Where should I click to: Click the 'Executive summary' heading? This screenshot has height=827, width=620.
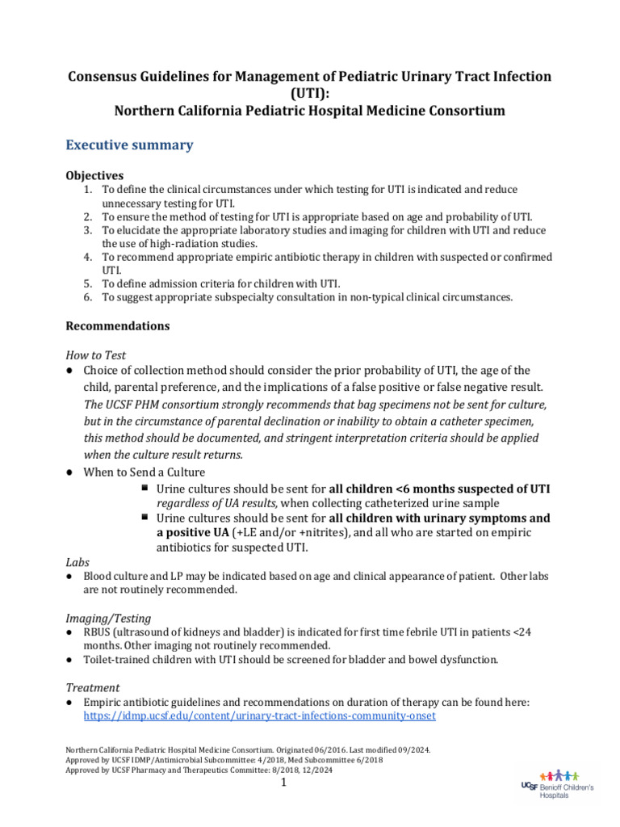pyautogui.click(x=129, y=145)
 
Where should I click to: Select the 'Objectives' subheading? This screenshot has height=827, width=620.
pyautogui.click(x=94, y=175)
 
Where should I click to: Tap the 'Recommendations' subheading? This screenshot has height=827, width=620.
pyautogui.click(x=117, y=325)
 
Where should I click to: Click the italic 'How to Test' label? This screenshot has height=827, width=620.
pyautogui.click(x=95, y=355)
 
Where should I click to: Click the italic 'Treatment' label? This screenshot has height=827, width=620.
pyautogui.click(x=92, y=687)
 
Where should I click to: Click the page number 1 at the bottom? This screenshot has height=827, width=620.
pyautogui.click(x=284, y=783)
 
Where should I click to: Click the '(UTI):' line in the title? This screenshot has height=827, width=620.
pyautogui.click(x=309, y=93)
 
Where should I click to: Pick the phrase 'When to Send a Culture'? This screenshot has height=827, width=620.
pyautogui.click(x=144, y=472)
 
